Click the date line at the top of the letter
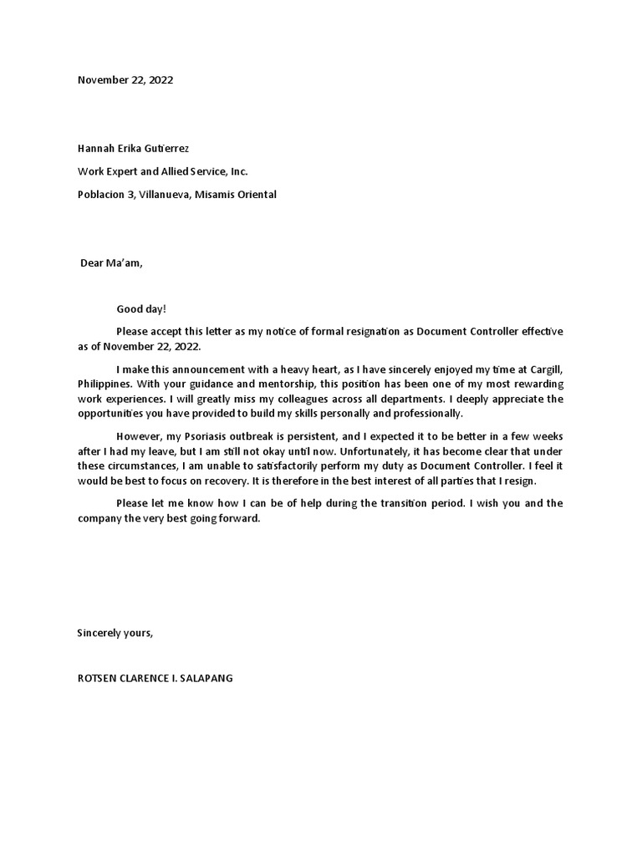pyautogui.click(x=125, y=80)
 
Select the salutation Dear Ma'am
pyautogui.click(x=111, y=262)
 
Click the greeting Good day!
pyautogui.click(x=141, y=309)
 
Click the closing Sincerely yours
pyautogui.click(x=115, y=633)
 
